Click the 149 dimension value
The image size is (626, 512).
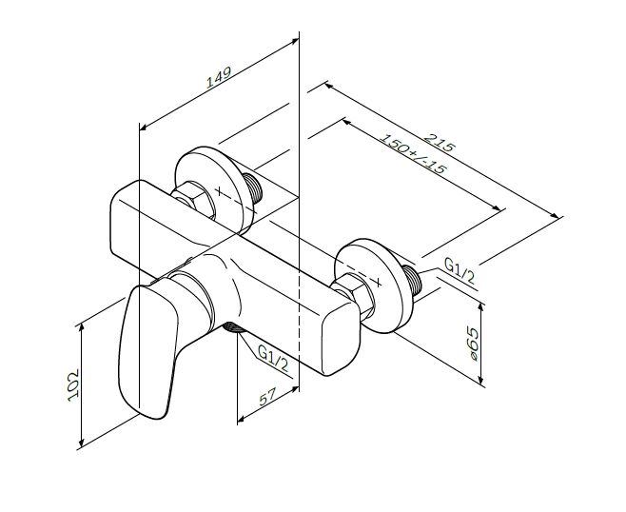pyautogui.click(x=219, y=77)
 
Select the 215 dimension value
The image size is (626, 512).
pyautogui.click(x=440, y=142)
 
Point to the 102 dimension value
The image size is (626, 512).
pyautogui.click(x=73, y=385)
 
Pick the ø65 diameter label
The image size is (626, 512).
pyautogui.click(x=472, y=345)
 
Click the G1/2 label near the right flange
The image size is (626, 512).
pyautogui.click(x=460, y=271)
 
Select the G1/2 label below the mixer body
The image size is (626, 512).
pyautogui.click(x=273, y=358)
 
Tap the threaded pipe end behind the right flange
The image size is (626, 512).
pyautogui.click(x=412, y=280)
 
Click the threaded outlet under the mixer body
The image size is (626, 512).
pyautogui.click(x=233, y=327)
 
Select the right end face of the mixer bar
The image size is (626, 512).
pyautogui.click(x=342, y=341)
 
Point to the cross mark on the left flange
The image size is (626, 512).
pyautogui.click(x=219, y=191)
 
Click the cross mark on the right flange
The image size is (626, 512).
pyautogui.click(x=378, y=283)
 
